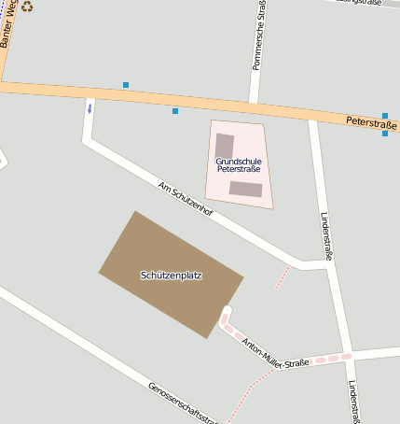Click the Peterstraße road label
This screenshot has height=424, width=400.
371,121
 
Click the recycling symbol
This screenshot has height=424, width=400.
27,6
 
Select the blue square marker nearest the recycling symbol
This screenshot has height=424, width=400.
126,85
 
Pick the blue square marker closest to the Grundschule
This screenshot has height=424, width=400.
175,111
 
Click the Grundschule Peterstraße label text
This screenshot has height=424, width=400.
239,165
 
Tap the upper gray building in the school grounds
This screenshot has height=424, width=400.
225,146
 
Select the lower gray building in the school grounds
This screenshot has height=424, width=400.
246,189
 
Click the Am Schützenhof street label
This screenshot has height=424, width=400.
186,199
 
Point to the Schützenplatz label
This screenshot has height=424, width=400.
172,276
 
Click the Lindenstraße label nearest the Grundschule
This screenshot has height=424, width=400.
327,233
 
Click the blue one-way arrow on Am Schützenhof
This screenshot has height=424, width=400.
90,108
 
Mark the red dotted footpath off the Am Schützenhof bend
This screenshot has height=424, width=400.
283,276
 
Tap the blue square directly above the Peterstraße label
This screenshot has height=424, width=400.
385,116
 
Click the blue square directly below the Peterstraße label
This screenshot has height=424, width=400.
385,134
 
